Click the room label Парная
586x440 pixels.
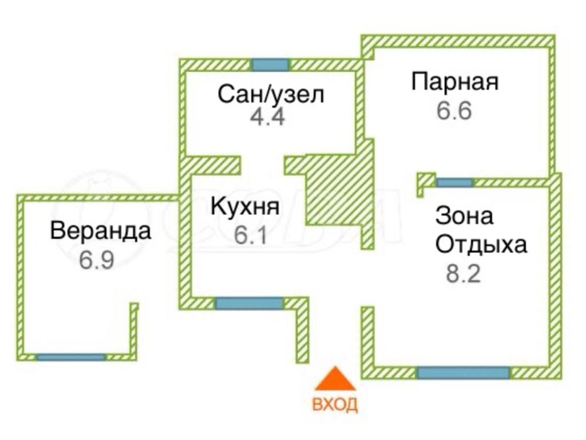tap(455, 81)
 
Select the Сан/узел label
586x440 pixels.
tap(271, 94)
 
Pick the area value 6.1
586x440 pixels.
tap(251, 235)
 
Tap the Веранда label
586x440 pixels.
tap(101, 231)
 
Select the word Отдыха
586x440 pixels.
tap(481, 245)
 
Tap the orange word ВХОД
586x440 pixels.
tap(335, 404)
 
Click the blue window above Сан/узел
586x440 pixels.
tap(270, 64)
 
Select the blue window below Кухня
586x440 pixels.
tap(250, 303)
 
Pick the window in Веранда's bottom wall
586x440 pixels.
tap(71, 357)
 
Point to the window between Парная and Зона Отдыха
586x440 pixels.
tap(455, 183)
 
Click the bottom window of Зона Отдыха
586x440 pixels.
tap(463, 373)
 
